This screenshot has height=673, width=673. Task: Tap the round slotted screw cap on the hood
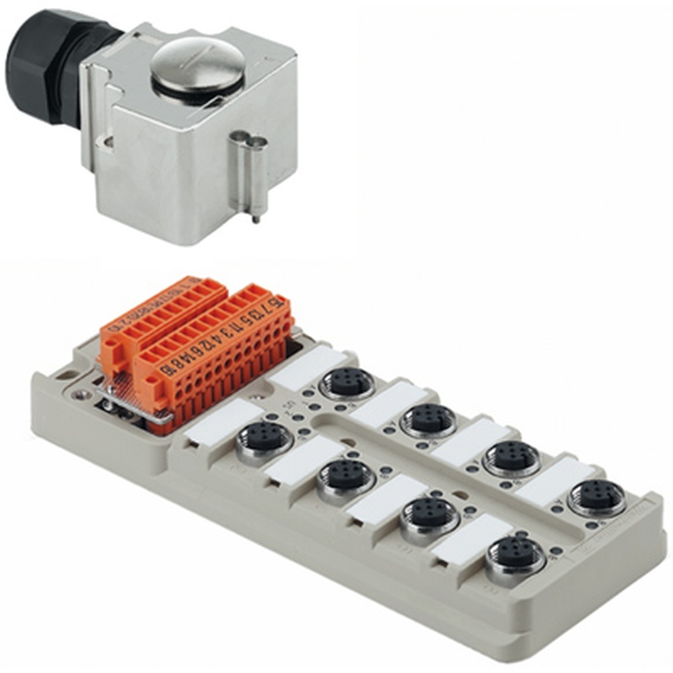pyautogui.click(x=197, y=64)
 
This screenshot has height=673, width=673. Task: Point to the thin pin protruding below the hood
pyautogui.click(x=256, y=216)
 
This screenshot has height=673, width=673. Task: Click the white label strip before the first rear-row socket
pyautogui.click(x=310, y=367)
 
